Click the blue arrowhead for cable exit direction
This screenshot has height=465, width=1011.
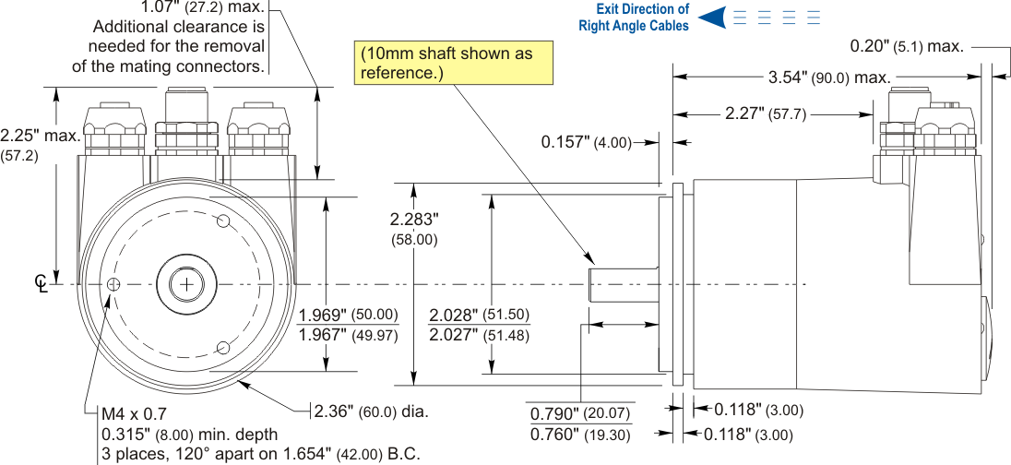[x=710, y=17]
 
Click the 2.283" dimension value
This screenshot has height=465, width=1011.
[x=414, y=220]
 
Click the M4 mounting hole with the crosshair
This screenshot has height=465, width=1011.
[x=113, y=284]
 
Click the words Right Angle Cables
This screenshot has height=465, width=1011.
[x=634, y=26]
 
